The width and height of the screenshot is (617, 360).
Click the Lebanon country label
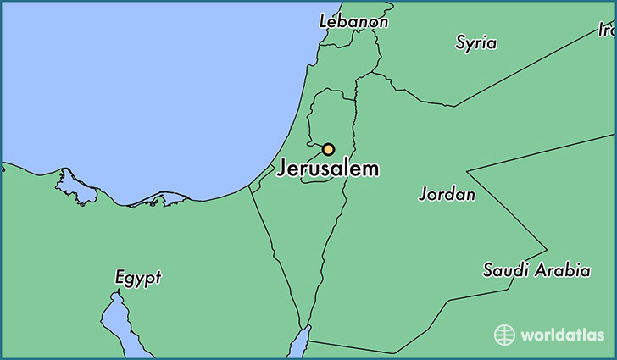pyautogui.click(x=353, y=21)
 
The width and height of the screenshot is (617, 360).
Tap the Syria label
pyautogui.click(x=476, y=42)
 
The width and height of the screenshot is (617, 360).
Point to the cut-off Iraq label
pyautogui.click(x=607, y=30)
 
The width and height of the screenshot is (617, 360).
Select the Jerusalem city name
pyautogui.click(x=328, y=169)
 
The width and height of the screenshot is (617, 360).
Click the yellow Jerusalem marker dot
pyautogui.click(x=328, y=149)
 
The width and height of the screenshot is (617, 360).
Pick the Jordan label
pyautogui.click(x=447, y=194)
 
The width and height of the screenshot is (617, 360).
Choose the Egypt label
pyautogui.click(x=137, y=277)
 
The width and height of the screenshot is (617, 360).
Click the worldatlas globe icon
pyautogui.click(x=504, y=335)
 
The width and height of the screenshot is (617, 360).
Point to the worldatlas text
pyautogui.click(x=560, y=335)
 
